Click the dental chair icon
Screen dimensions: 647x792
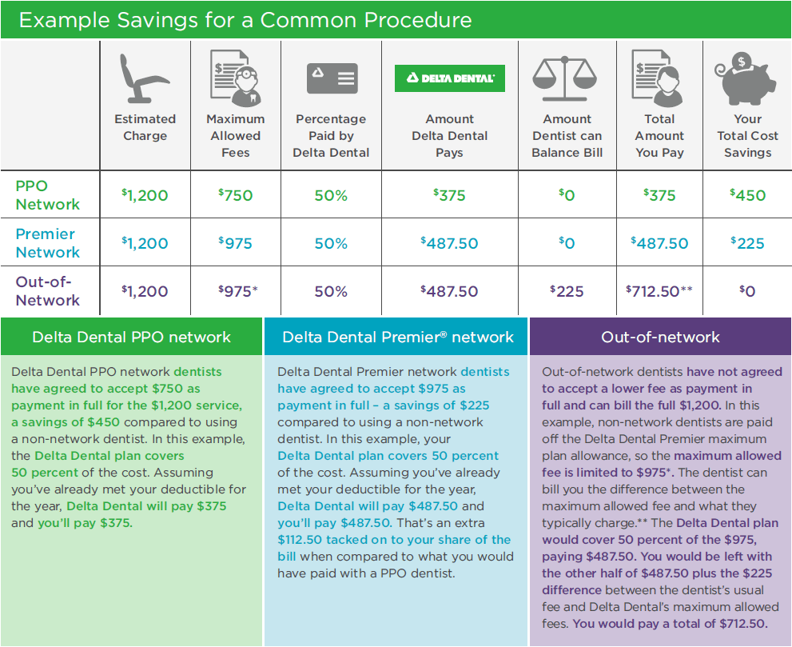pyautogui.click(x=145, y=78)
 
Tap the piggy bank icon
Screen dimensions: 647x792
pyautogui.click(x=747, y=77)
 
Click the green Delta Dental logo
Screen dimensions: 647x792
pyautogui.click(x=450, y=78)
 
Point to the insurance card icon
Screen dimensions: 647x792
pyautogui.click(x=332, y=78)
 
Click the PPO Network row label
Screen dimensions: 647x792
pyautogui.click(x=48, y=195)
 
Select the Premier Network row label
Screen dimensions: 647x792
pyautogui.click(x=48, y=243)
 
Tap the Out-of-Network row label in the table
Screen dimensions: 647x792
pyautogui.click(x=48, y=291)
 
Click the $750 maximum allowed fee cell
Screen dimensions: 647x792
pyautogui.click(x=235, y=195)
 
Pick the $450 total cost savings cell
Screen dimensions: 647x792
pyautogui.click(x=747, y=195)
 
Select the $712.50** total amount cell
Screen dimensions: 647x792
pyautogui.click(x=659, y=291)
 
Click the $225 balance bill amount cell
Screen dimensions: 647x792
pyautogui.click(x=567, y=291)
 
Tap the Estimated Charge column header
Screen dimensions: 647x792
pyautogui.click(x=145, y=127)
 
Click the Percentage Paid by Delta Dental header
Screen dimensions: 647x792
pyautogui.click(x=332, y=135)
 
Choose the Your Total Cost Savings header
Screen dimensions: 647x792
pyautogui.click(x=747, y=135)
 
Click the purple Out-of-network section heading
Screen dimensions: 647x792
pyautogui.click(x=660, y=337)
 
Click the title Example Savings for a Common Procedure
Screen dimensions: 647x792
pyautogui.click(x=245, y=20)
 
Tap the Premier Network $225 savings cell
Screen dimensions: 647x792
pyautogui.click(x=747, y=243)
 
